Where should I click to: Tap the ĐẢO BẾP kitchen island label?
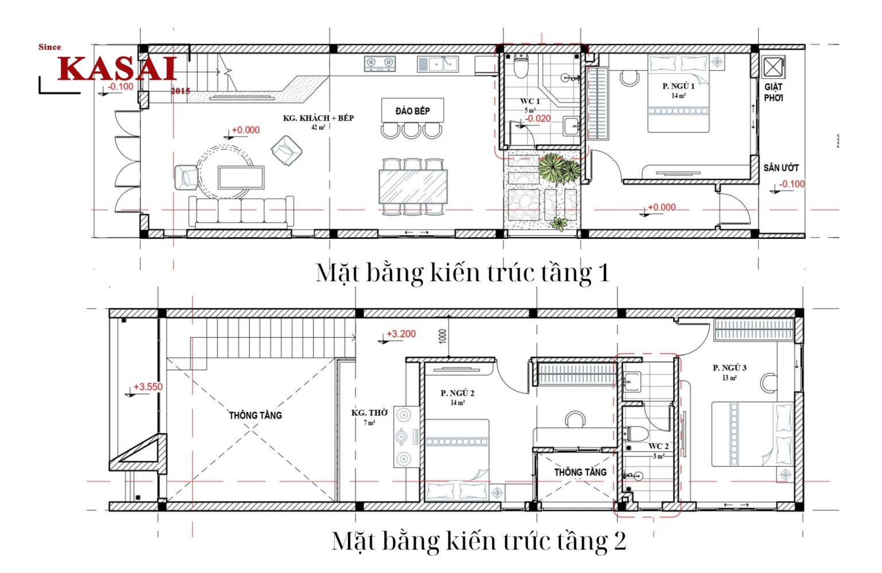412,111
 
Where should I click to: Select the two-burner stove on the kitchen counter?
380,63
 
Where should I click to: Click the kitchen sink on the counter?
438,64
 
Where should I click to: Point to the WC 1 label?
529,101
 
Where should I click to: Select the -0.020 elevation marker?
538,119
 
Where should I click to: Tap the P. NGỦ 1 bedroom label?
678,86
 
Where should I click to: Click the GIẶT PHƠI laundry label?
773,92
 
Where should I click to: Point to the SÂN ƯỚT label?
781,168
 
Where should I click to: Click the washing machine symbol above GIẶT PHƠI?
773,67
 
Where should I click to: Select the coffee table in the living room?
241,177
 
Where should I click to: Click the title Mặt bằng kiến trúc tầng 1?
462,272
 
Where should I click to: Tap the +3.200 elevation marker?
401,334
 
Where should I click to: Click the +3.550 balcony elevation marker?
148,387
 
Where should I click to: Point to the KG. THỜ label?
369,413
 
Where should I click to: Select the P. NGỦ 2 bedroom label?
457,393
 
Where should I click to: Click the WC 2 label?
658,446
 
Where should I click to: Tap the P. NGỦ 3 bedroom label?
729,368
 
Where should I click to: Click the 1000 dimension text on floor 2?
442,336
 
